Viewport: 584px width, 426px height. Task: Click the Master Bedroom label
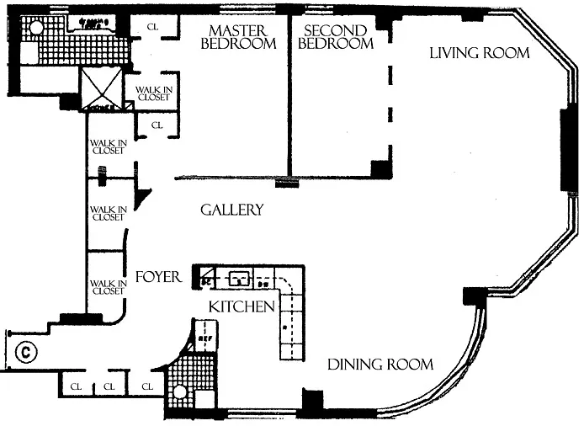tap(238, 37)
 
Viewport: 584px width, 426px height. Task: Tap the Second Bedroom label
tap(336, 37)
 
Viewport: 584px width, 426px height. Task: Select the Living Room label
tap(479, 53)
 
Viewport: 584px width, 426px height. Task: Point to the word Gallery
tap(231, 210)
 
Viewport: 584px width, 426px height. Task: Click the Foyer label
tap(158, 276)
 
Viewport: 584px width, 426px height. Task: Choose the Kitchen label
tap(242, 306)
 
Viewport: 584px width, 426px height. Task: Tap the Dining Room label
tap(380, 365)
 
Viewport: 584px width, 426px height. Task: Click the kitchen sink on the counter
tap(240, 276)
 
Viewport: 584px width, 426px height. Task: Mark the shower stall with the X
tap(100, 89)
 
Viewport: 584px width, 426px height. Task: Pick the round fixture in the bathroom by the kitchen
tap(178, 391)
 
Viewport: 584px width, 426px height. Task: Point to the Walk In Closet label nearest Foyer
tap(108, 287)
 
